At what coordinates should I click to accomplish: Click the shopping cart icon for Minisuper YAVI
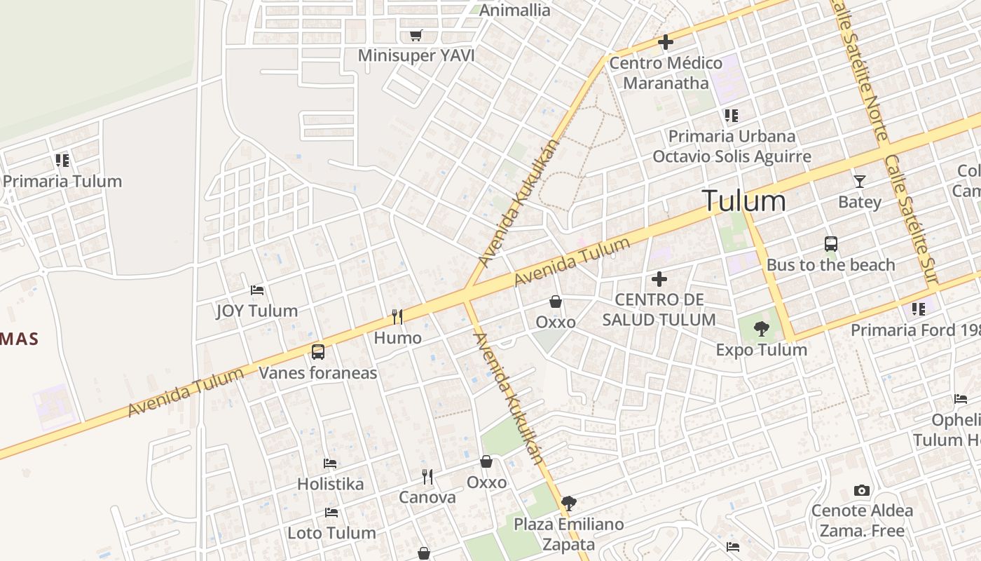416,35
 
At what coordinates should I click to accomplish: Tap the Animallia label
514,10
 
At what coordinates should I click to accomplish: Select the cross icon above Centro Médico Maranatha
665,42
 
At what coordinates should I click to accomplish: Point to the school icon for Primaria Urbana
732,115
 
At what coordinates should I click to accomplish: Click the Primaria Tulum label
62,181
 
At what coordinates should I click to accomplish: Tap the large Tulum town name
743,201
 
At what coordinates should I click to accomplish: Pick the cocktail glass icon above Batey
860,181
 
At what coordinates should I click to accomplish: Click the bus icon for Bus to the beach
831,244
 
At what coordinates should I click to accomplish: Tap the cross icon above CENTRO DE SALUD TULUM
659,279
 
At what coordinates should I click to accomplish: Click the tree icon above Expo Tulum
761,328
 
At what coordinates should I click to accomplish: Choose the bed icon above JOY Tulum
257,290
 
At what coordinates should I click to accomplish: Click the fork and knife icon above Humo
397,317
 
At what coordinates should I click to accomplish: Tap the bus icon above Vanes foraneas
318,351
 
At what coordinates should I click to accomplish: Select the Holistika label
330,484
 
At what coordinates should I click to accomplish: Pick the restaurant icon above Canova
427,477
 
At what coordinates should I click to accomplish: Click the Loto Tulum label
331,532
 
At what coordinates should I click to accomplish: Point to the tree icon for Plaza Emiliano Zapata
568,503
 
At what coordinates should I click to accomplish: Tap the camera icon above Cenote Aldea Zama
862,490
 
